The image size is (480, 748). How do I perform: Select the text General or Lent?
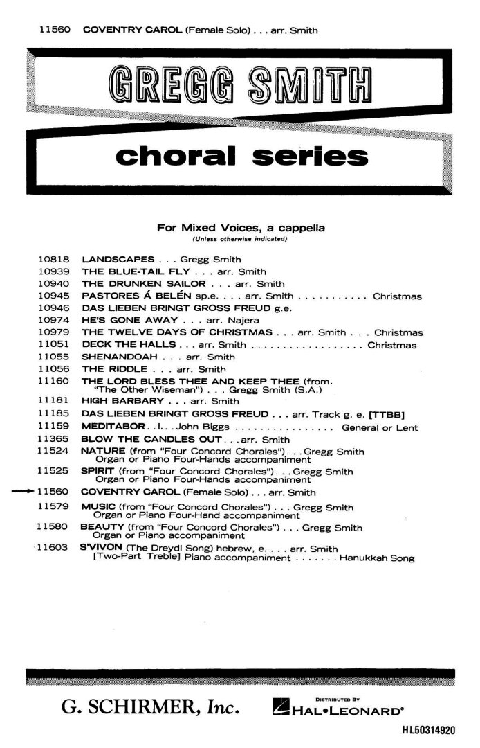(380, 428)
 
